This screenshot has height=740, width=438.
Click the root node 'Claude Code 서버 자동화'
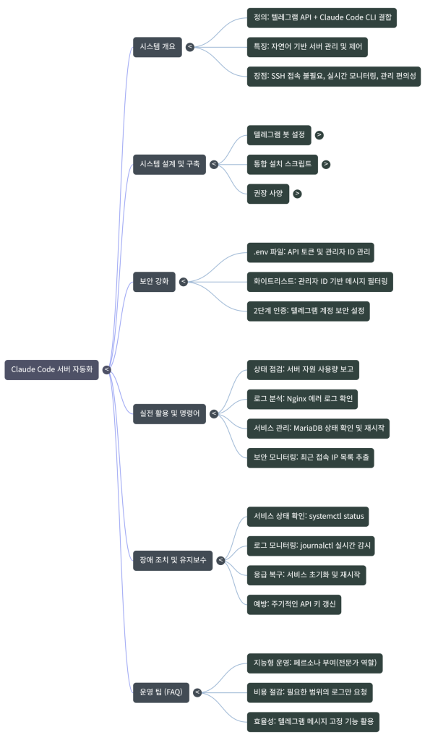[x=52, y=369]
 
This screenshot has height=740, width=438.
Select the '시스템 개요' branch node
[x=157, y=46]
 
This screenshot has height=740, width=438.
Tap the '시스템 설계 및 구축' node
[x=169, y=164]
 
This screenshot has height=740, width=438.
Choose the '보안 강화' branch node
[x=154, y=281]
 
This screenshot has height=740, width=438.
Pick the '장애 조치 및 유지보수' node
[x=172, y=559]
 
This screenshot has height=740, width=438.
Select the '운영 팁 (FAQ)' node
[x=160, y=692]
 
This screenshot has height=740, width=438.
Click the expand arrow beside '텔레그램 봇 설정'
[x=319, y=134]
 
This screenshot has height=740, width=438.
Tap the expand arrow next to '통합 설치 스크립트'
[x=326, y=164]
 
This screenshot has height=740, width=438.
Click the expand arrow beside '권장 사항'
[x=297, y=194]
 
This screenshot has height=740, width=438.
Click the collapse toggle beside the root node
[x=107, y=370]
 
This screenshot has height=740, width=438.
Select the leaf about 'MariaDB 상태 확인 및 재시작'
[x=317, y=428]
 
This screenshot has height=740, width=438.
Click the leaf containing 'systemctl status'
[x=307, y=517]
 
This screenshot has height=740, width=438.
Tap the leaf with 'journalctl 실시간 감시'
[x=309, y=546]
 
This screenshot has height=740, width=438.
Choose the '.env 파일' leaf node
[x=310, y=252]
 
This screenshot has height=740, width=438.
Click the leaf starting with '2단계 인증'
[x=308, y=311]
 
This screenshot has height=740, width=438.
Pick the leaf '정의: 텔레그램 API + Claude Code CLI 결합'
[x=321, y=17]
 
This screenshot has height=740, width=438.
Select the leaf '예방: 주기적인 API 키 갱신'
[x=293, y=604]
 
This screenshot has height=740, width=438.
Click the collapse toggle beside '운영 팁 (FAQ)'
[x=197, y=692]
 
